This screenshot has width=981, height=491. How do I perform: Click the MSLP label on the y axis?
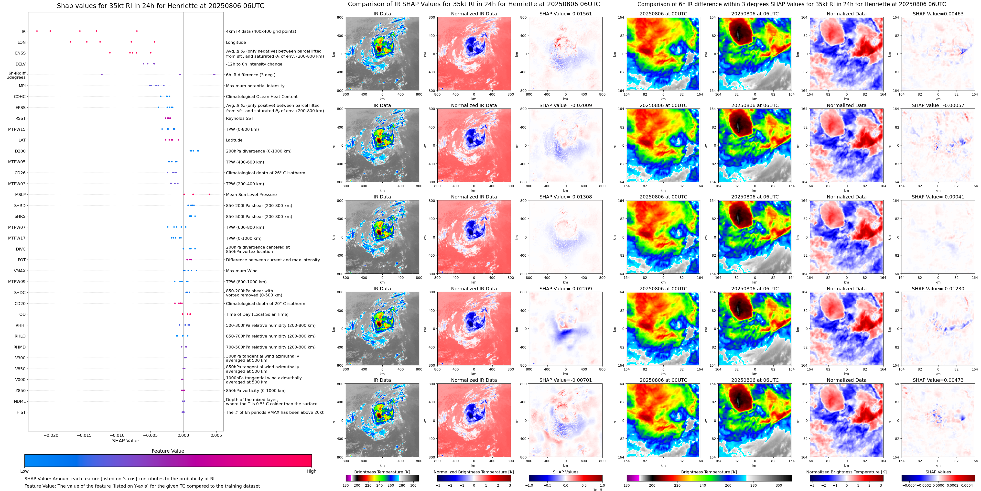click(x=20, y=195)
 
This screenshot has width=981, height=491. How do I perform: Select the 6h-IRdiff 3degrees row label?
click(x=16, y=75)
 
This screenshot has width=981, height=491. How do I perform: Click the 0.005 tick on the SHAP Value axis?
click(x=216, y=435)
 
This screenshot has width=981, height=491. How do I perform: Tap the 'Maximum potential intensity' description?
click(x=255, y=86)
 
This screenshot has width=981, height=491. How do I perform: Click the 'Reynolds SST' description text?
click(x=239, y=119)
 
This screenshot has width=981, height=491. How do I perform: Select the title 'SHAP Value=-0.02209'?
click(x=566, y=289)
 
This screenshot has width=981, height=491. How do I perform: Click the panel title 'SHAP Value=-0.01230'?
click(x=938, y=289)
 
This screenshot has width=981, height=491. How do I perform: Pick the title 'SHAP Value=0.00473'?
click(x=938, y=380)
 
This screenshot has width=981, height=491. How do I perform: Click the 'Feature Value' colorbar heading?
click(x=168, y=451)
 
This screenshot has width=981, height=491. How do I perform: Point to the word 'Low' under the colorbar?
click(x=24, y=471)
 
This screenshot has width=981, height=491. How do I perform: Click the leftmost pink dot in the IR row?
click(x=37, y=31)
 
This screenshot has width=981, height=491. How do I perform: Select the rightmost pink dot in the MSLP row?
click(x=209, y=194)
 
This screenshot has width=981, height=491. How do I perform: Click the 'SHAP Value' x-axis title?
click(x=125, y=441)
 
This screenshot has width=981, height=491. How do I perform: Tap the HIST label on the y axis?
click(x=21, y=412)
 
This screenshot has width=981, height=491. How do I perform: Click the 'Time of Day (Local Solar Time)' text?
click(x=257, y=314)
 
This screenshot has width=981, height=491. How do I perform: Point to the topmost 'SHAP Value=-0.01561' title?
click(x=566, y=14)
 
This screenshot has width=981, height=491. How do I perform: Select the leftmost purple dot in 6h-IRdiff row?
click(x=102, y=74)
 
